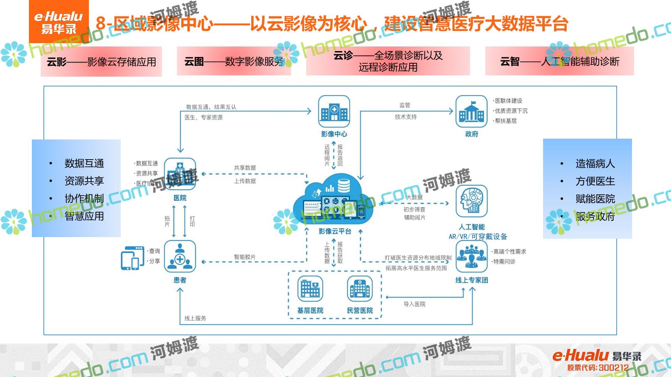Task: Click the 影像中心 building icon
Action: pos(334,111)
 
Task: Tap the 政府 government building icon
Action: pos(471,111)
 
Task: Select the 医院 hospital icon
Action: pos(180,174)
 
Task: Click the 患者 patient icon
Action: pos(180,256)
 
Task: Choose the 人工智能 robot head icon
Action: pos(471,201)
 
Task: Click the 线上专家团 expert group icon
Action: pos(471,256)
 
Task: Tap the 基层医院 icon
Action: pos(310,289)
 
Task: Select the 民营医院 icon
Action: pos(360,289)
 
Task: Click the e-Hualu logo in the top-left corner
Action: pos(59,22)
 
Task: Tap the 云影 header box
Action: pos(101,62)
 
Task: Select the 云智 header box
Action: pos(559,62)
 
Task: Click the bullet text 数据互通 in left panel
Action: pos(84,163)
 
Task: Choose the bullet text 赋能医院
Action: pos(595,199)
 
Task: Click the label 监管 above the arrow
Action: pos(405,105)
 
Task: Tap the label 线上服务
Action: pos(195,318)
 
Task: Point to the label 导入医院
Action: pos(414,304)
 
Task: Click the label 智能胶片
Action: pos(244,257)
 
